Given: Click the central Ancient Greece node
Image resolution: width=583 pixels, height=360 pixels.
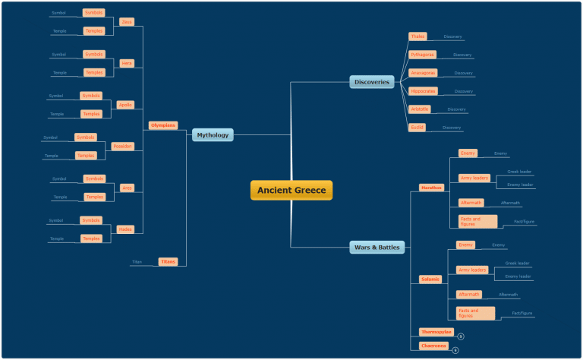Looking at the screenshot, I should (x=291, y=190).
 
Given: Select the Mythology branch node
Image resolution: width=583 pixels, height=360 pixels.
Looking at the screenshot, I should (x=212, y=135).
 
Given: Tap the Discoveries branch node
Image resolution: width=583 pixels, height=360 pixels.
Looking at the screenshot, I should (x=372, y=82).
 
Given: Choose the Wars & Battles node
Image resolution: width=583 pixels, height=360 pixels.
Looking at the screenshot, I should (x=377, y=247).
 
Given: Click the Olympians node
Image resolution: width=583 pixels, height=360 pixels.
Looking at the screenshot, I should (x=162, y=125).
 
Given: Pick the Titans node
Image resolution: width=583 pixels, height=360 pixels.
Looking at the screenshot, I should (x=168, y=261).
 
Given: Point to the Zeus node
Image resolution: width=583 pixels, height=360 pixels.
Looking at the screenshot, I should (x=127, y=22).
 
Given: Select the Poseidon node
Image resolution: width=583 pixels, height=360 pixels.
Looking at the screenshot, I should (x=121, y=146).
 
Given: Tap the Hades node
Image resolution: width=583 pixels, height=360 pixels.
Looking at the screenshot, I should (x=125, y=229).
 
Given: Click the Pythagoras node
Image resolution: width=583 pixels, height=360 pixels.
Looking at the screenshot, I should (x=422, y=55).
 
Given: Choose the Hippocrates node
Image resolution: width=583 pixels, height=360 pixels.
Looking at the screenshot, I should (x=423, y=91).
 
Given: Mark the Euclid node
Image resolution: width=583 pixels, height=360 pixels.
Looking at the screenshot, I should (x=418, y=128).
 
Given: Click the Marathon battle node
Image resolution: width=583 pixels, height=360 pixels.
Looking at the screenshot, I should (x=431, y=188).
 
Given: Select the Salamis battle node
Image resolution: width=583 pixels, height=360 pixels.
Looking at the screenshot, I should (x=430, y=279).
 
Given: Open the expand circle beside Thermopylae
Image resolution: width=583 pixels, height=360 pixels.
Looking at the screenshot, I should (x=461, y=336).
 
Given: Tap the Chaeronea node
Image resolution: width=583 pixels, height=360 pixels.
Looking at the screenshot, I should (x=433, y=346).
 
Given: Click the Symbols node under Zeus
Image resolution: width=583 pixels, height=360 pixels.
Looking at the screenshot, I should (x=93, y=13).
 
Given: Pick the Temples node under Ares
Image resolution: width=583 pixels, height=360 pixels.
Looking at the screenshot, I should (x=95, y=197).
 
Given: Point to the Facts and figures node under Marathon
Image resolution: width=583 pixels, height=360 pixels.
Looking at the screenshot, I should (x=477, y=221).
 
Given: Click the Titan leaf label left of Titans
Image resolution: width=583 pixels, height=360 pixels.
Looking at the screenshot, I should (x=137, y=262).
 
